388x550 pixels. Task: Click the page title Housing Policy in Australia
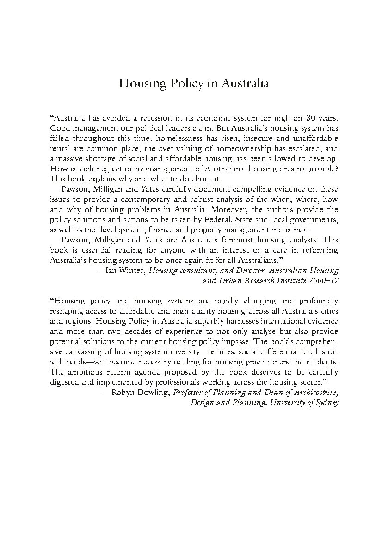pyautogui.click(x=194, y=84)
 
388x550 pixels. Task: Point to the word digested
pyautogui.click(x=64, y=382)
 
